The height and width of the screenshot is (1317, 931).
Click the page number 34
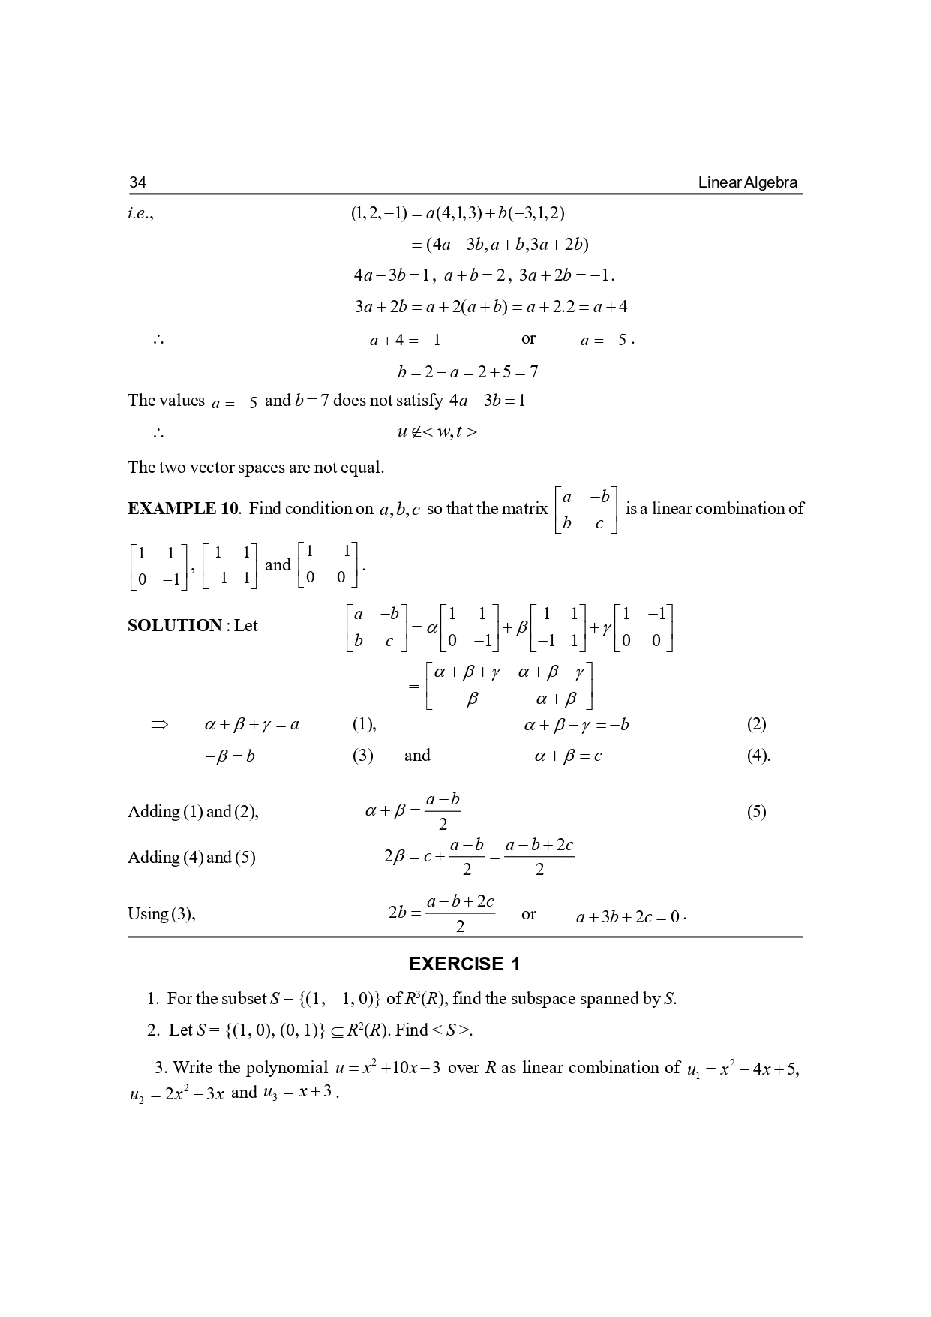click(x=137, y=182)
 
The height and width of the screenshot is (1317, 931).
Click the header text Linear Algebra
click(x=747, y=182)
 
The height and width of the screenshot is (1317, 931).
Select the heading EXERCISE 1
click(x=464, y=964)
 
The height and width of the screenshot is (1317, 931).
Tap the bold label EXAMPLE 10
click(x=182, y=509)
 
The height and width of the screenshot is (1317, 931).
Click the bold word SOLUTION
click(x=174, y=626)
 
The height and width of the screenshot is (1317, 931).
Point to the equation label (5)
click(x=756, y=812)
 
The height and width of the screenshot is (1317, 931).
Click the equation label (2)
click(x=756, y=724)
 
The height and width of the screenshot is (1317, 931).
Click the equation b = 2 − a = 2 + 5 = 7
click(x=467, y=372)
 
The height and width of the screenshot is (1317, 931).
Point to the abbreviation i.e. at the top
click(x=140, y=213)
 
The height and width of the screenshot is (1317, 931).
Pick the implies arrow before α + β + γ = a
click(x=159, y=725)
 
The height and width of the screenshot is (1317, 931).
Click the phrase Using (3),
click(x=161, y=914)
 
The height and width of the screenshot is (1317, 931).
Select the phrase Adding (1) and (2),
click(x=193, y=812)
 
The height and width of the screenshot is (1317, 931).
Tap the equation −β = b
click(x=230, y=756)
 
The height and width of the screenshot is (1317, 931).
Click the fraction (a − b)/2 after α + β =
click(x=443, y=812)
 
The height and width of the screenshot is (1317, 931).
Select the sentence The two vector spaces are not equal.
click(x=256, y=468)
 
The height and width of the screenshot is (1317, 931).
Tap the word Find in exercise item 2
click(x=411, y=1030)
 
